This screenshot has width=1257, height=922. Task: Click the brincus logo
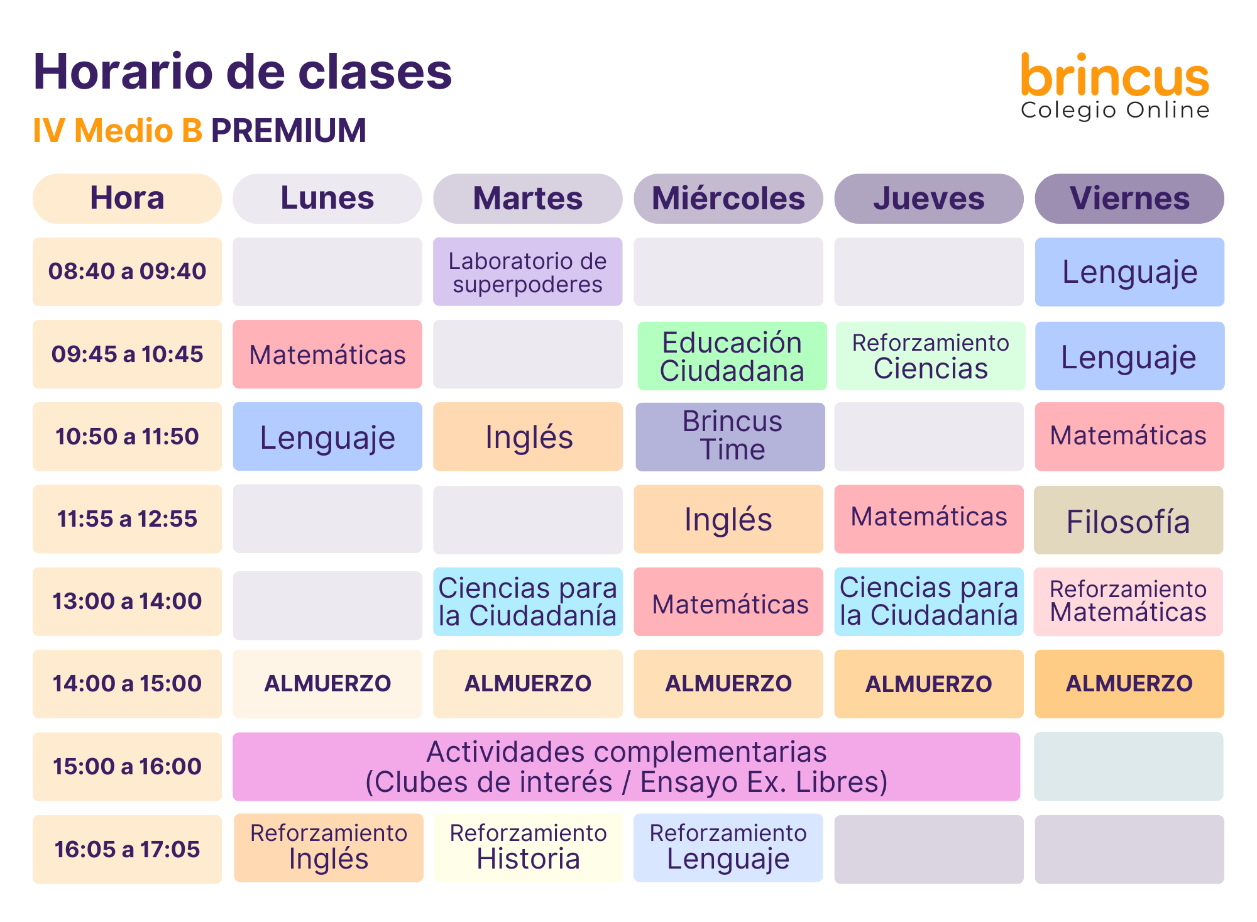click(1115, 85)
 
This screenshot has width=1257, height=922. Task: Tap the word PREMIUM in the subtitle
click(288, 131)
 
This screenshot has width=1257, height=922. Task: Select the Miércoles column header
click(728, 199)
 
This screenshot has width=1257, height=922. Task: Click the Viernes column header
click(1129, 199)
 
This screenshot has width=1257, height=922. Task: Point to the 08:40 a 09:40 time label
click(127, 272)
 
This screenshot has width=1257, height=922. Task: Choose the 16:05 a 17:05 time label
click(127, 849)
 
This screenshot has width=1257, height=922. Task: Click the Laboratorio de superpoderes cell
click(528, 272)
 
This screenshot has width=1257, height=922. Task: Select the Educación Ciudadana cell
click(732, 356)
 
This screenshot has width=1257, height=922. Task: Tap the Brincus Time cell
click(730, 437)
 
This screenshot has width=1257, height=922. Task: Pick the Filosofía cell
click(1129, 520)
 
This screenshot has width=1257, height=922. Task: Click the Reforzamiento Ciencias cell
click(931, 356)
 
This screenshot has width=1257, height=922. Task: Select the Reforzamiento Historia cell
click(528, 848)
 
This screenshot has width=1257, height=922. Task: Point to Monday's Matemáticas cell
click(327, 354)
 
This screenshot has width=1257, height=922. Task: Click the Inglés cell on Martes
click(528, 437)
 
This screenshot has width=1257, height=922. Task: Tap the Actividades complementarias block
click(627, 767)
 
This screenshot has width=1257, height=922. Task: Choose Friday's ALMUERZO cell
click(1129, 684)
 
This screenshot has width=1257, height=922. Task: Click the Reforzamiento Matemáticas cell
click(1129, 601)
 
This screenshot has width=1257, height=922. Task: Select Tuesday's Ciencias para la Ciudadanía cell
click(528, 601)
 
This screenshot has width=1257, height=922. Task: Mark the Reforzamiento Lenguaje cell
click(728, 848)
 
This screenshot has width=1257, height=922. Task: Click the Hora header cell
click(127, 199)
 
